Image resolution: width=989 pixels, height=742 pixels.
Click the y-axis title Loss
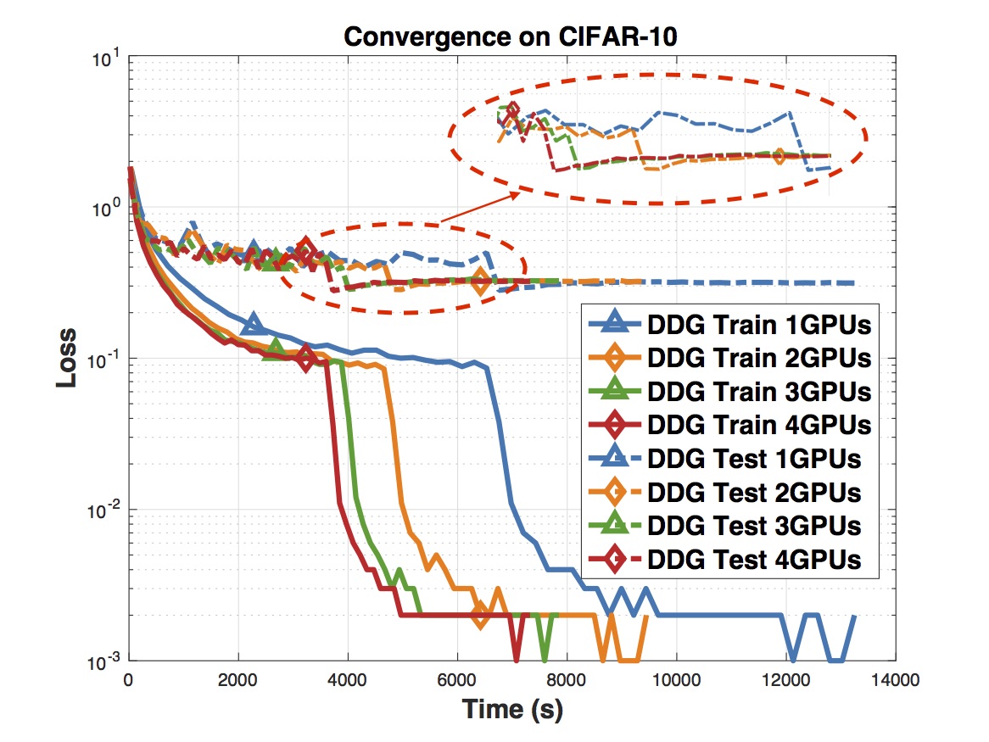point(67,358)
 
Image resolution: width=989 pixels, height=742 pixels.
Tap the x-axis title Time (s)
point(511,708)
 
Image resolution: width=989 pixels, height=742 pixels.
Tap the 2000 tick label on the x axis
point(237,680)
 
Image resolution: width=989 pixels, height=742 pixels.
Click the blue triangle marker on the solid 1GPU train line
point(252,323)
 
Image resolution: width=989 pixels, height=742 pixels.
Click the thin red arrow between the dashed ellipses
point(479,208)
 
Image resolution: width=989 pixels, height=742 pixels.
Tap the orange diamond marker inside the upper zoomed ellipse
point(779,156)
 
